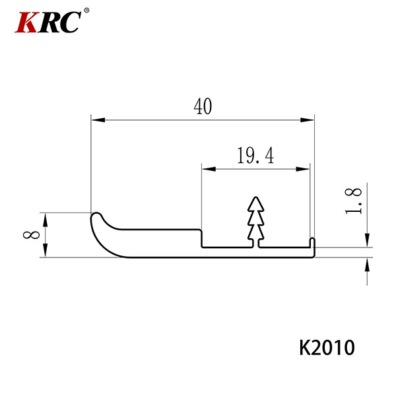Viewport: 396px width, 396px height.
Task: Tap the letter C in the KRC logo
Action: tap(69, 22)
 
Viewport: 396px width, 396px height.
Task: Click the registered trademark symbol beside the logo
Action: tap(86, 11)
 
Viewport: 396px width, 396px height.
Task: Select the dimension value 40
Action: tap(203, 106)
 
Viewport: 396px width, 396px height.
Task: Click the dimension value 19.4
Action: tap(255, 156)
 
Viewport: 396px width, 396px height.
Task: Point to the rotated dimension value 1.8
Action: tap(353, 201)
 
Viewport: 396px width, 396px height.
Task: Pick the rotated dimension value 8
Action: tap(31, 235)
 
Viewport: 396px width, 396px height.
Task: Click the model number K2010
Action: tap(327, 348)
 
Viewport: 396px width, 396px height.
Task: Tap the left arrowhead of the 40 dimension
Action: tap(98, 119)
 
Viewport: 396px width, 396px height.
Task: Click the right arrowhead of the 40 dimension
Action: tap(307, 119)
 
